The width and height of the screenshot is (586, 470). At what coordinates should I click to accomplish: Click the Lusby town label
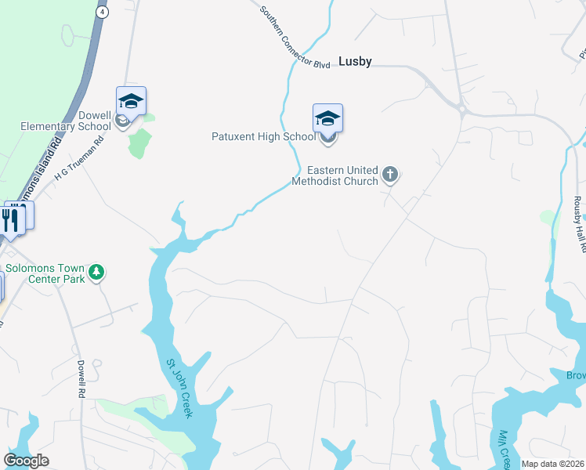(355, 61)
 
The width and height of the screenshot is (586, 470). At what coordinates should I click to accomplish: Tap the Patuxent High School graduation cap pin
(327, 118)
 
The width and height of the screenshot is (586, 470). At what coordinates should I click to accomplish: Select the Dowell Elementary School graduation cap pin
(131, 101)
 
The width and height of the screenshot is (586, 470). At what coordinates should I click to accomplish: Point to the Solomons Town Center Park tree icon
(96, 273)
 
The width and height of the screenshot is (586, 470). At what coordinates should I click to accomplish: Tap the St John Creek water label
(178, 389)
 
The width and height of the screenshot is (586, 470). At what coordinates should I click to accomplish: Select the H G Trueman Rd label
(79, 161)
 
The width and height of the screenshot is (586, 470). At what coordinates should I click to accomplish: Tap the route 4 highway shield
(102, 13)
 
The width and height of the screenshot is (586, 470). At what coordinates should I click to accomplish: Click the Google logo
(26, 461)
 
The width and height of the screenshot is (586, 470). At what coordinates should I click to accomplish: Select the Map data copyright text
(553, 464)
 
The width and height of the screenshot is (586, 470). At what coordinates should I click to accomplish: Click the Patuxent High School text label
(263, 136)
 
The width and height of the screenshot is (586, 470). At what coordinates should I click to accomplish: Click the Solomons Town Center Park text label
(45, 273)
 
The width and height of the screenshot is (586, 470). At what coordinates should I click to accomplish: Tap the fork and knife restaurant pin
(10, 219)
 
